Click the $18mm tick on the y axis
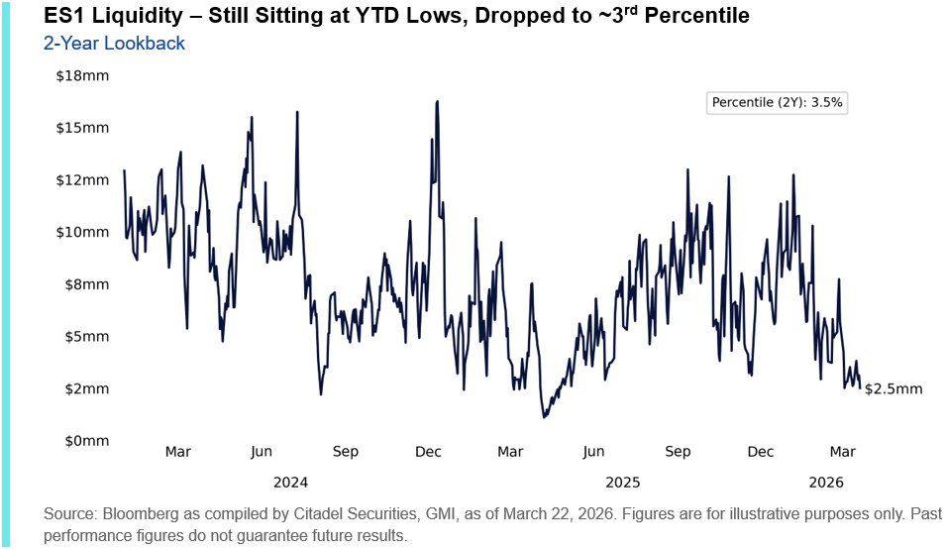tap(83, 76)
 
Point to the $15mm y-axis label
tap(83, 128)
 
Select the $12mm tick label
tap(83, 180)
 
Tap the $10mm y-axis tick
tap(83, 232)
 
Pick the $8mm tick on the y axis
tap(86, 284)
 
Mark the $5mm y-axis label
tap(86, 336)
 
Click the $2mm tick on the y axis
tap(86, 388)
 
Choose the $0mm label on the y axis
tap(86, 440)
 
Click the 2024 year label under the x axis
tap(290, 483)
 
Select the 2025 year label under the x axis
tap(622, 483)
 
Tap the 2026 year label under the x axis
tap(825, 483)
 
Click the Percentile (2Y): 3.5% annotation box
tap(778, 102)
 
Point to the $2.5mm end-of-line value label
tap(892, 389)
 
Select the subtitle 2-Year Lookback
tap(114, 44)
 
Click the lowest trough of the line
tap(544, 417)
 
